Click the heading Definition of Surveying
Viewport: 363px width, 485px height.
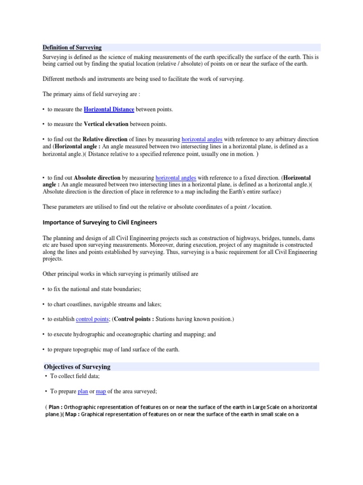(72, 47)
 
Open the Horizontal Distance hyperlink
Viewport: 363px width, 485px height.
(109, 109)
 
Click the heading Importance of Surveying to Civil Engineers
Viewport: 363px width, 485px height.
(100, 222)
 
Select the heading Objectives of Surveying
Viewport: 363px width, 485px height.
(77, 367)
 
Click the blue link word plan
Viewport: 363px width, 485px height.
(83, 391)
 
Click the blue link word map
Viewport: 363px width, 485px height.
(101, 391)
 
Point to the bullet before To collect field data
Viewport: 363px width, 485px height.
(46, 376)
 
